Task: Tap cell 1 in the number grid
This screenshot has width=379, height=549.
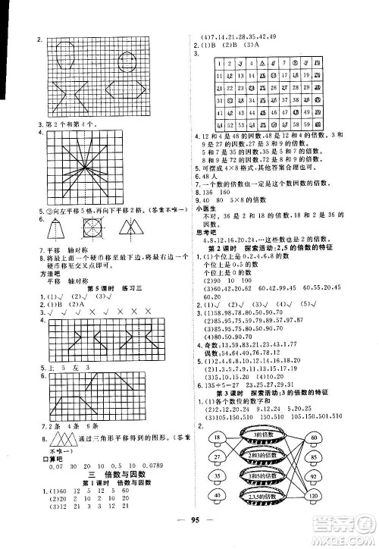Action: (x=218, y=64)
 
